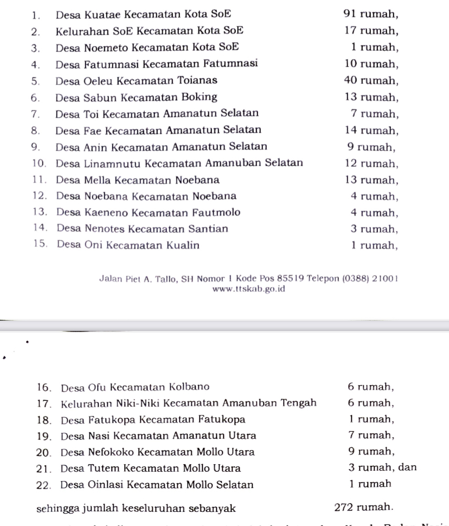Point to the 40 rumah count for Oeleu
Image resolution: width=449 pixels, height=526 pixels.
[x=371, y=81]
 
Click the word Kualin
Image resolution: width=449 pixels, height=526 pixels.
[x=182, y=245]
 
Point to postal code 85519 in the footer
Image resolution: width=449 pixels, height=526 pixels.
[x=291, y=279]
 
